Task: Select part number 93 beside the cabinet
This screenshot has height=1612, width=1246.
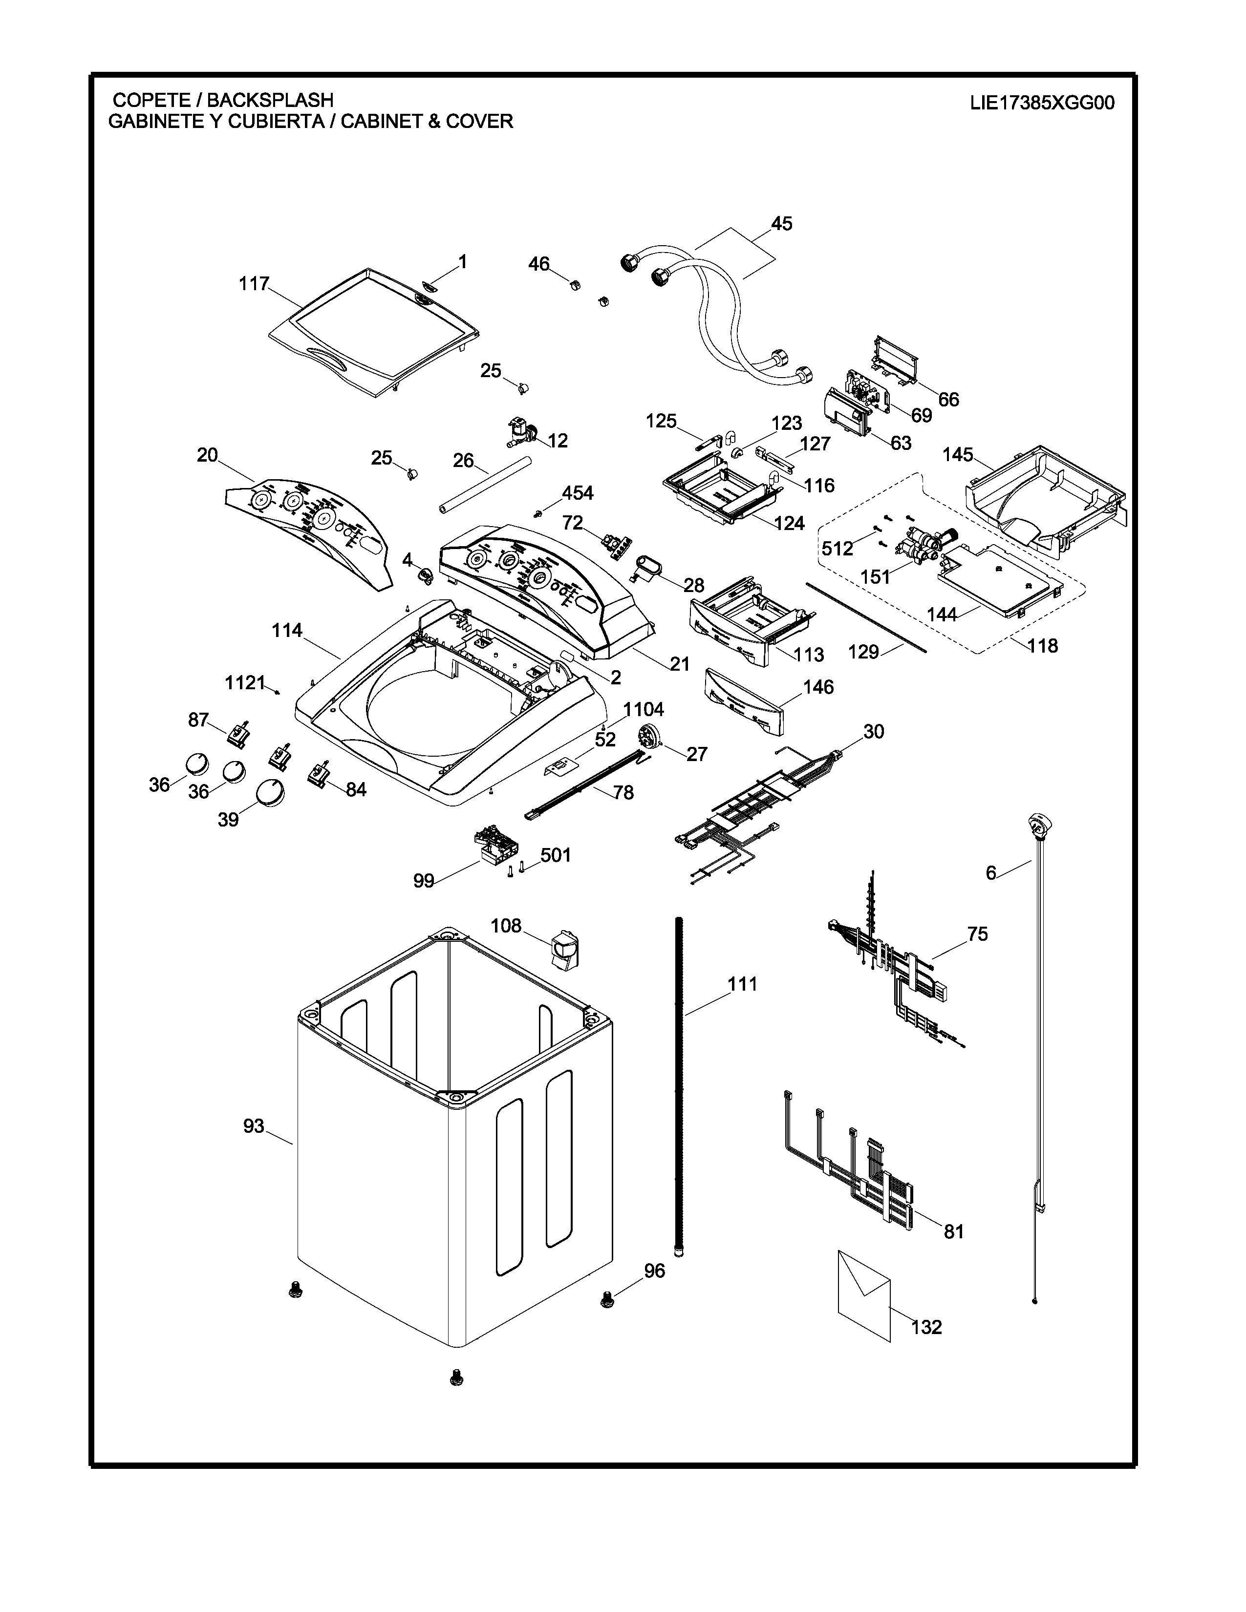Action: coord(253,1126)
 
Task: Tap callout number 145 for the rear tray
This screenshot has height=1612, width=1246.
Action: coord(957,455)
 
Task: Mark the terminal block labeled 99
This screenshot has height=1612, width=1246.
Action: coord(494,846)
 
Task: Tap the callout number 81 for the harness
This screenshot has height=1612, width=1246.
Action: coord(954,1231)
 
